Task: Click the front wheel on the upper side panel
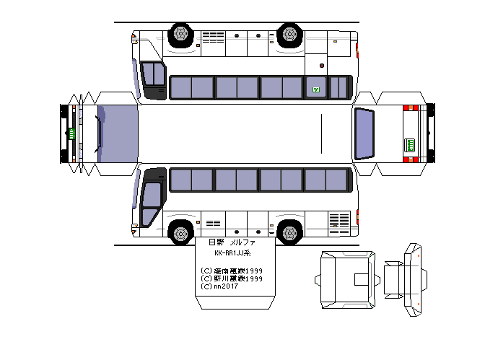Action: coord(180,34)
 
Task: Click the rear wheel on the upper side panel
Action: coord(289,34)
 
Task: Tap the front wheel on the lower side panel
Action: coord(180,232)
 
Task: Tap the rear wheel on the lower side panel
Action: coord(289,232)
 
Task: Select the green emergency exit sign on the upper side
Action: coord(315,89)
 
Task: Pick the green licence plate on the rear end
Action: coord(410,144)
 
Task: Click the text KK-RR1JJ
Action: coord(232,254)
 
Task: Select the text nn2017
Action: coord(220,286)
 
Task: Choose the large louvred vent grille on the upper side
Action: coord(213,36)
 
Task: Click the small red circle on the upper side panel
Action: coord(271,36)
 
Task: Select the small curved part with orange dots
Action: coord(414,281)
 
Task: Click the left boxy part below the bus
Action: coord(346,278)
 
